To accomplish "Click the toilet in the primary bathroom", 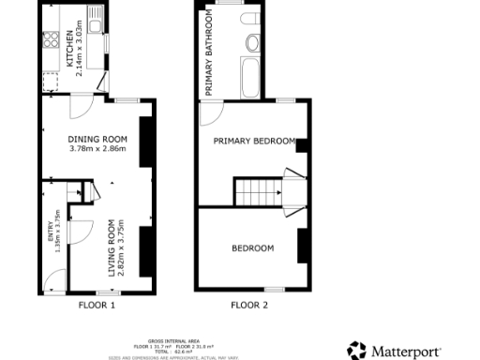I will pos(250,19).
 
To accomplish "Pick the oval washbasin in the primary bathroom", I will pos(252,42).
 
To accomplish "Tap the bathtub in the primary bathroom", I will pos(251,74).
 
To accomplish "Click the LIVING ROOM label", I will pos(112,247).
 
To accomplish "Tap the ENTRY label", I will pos(52,236).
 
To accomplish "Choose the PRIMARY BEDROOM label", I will pos(253,142).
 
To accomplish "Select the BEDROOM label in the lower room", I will pos(253,247).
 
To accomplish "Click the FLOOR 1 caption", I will pos(97,305).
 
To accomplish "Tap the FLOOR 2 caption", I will pos(249,305).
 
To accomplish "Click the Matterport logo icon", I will pos(356,351).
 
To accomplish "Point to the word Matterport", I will pos(406,352).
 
